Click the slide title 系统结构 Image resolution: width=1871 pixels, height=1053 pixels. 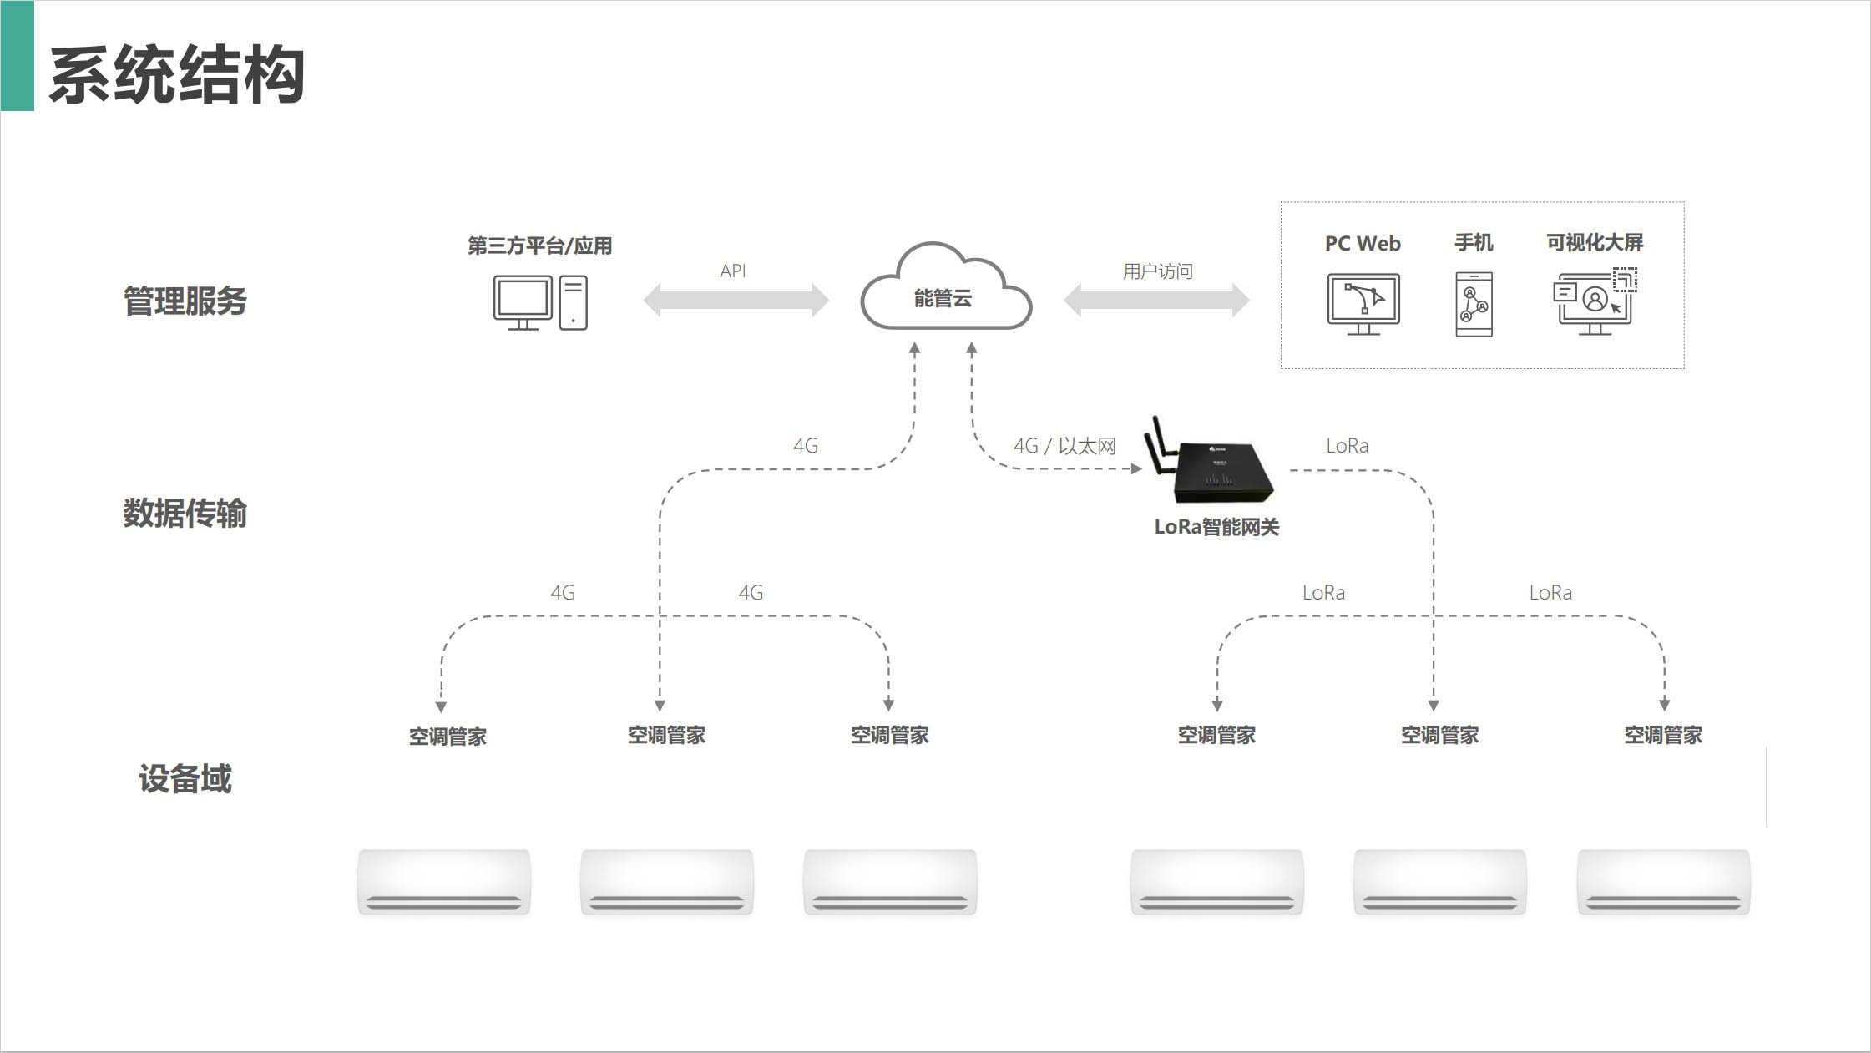(177, 75)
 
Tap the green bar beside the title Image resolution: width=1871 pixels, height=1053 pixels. (17, 56)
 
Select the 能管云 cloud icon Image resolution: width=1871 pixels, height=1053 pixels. (945, 289)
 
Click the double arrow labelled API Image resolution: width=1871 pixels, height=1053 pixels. (736, 300)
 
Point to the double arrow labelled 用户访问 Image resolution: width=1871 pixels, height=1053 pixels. (1156, 300)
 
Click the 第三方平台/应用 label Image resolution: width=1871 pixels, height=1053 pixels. (539, 246)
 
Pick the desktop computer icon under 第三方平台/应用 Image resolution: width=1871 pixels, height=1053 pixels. (539, 302)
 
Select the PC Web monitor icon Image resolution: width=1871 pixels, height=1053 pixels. (1363, 303)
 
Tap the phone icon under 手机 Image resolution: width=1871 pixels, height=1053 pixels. (1474, 304)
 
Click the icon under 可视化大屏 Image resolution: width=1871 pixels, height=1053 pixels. (1594, 302)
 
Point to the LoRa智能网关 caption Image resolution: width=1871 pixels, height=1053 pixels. (1216, 527)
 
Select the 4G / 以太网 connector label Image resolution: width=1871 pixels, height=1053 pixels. (1064, 446)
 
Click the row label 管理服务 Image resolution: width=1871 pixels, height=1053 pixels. (185, 301)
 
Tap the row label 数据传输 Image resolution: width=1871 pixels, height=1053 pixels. (185, 513)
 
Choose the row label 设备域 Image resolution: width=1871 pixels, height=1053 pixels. (185, 778)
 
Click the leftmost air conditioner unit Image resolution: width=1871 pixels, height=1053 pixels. (444, 882)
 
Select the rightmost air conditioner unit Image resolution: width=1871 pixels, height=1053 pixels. (1663, 882)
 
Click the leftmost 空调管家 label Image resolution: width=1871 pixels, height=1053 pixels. (448, 737)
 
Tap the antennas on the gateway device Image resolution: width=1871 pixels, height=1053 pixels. (1159, 447)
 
